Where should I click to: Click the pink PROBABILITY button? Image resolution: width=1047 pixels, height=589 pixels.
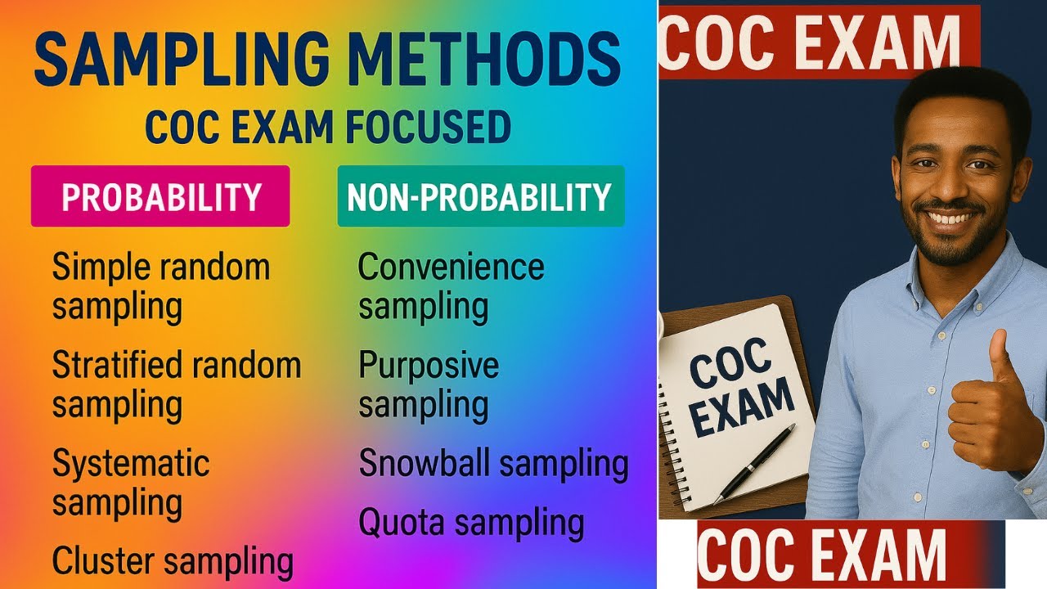[x=160, y=196]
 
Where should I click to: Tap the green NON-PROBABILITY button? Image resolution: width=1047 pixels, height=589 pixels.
[x=480, y=196]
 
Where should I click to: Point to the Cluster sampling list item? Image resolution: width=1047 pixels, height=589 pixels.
[x=173, y=561]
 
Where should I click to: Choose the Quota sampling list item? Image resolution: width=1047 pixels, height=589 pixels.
[x=471, y=522]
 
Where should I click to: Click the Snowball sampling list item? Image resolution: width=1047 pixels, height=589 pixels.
[x=493, y=464]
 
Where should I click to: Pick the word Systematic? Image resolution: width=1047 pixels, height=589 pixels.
[x=131, y=464]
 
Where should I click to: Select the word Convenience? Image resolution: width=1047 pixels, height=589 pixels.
[x=451, y=268]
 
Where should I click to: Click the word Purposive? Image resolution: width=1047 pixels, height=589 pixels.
[x=429, y=365]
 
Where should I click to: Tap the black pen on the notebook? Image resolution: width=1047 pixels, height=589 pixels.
[x=754, y=462]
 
